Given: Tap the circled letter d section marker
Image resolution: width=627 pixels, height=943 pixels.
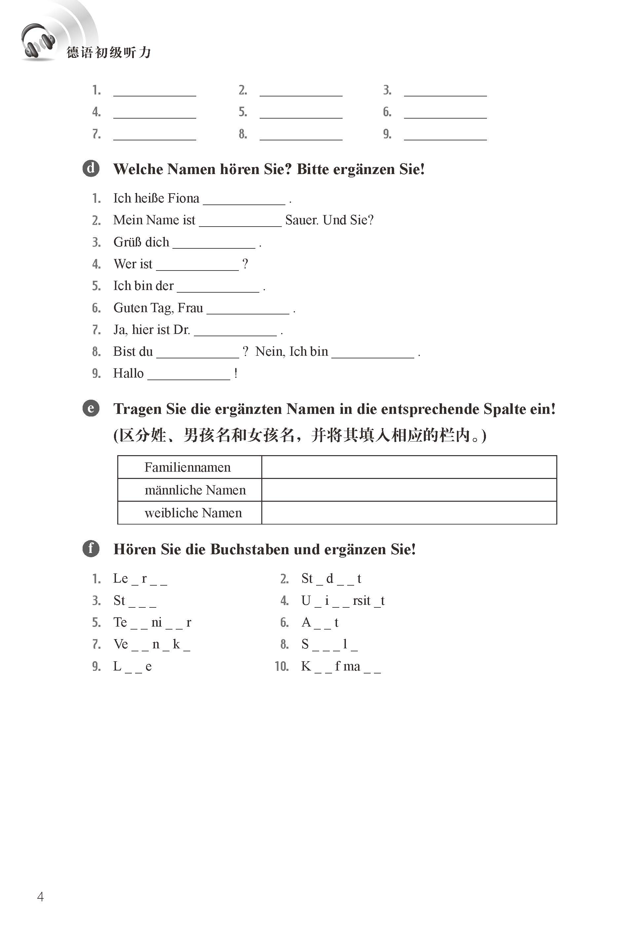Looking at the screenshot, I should [x=91, y=168].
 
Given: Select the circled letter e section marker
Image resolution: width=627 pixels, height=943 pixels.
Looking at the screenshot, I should [x=91, y=408].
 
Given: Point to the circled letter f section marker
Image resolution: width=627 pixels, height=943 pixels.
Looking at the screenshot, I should [x=91, y=548].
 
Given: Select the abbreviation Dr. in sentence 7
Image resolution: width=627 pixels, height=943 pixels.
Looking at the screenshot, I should [x=182, y=330].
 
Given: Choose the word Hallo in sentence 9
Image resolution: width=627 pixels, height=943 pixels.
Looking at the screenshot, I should [x=129, y=373].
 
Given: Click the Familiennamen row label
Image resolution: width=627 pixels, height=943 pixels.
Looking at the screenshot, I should [x=188, y=467].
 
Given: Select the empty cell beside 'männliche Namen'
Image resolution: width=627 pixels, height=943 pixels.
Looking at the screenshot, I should [x=409, y=490].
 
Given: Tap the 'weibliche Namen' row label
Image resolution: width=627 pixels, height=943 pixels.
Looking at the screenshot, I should [x=193, y=513].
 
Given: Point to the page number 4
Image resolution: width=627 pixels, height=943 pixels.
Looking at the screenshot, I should [x=40, y=897].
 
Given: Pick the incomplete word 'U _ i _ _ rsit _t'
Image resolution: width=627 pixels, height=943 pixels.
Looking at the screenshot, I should [x=343, y=600].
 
